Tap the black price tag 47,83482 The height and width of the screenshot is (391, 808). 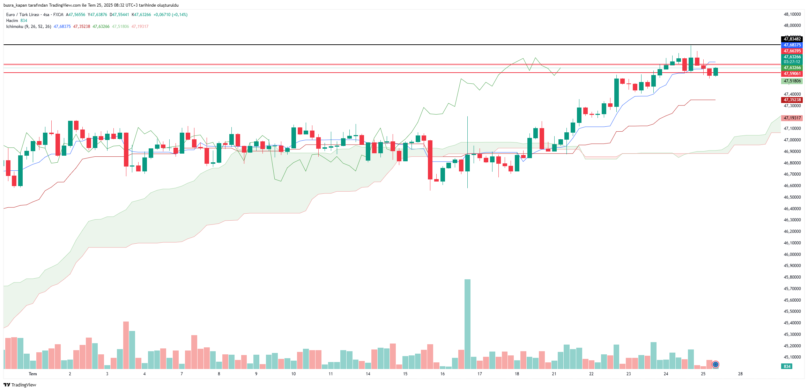[x=792, y=39]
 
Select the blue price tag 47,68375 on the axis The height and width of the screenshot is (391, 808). [x=792, y=45]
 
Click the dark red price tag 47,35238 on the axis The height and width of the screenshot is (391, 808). [x=792, y=100]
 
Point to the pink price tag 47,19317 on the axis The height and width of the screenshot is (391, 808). [x=792, y=118]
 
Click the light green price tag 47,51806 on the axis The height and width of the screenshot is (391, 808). [x=792, y=81]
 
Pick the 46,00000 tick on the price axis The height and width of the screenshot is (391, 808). [x=792, y=254]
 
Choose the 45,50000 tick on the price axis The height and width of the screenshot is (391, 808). [x=792, y=311]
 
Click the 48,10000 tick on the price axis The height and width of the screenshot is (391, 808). [x=792, y=14]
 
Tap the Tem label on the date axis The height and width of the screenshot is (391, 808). [x=33, y=374]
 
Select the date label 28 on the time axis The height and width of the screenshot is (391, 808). [x=740, y=374]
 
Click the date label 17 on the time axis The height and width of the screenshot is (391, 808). [x=480, y=374]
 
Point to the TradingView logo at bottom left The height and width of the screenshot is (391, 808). [x=20, y=385]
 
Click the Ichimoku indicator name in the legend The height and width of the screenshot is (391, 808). [x=15, y=27]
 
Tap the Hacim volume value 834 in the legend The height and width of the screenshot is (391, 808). [x=24, y=21]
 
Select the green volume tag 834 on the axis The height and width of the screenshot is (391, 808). [x=787, y=367]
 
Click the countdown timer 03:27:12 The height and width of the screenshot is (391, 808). [x=792, y=62]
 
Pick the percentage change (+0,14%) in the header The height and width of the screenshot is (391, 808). [x=179, y=15]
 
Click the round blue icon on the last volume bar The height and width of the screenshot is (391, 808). [x=716, y=364]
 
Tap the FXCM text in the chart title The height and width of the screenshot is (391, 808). [x=58, y=15]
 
